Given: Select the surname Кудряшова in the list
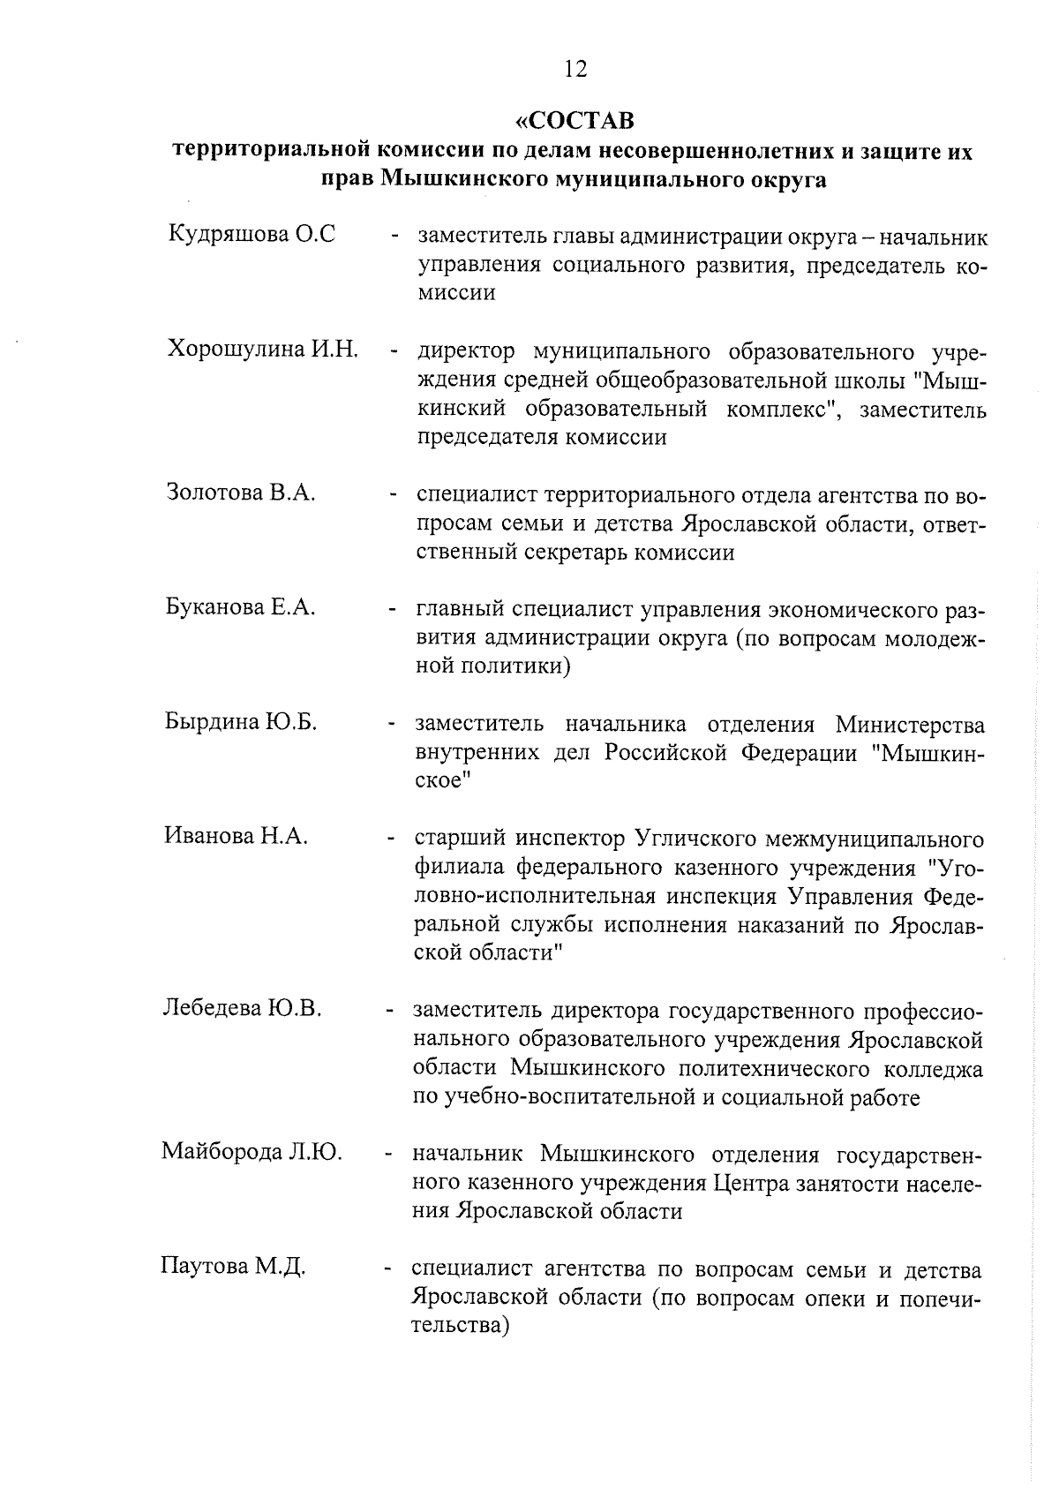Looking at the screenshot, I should pyautogui.click(x=228, y=236).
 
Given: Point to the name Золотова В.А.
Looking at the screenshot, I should pyautogui.click(x=241, y=492).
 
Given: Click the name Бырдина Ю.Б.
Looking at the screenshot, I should pyautogui.click(x=240, y=721).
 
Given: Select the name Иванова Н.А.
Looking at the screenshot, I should pyautogui.click(x=236, y=836).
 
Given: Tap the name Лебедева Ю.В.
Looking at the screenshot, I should pyautogui.click(x=243, y=1008).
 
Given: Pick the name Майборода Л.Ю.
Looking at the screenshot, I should pyautogui.click(x=252, y=1152).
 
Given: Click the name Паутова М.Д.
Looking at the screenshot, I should pyautogui.click(x=233, y=1268).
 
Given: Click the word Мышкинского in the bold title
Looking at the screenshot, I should pyautogui.click(x=463, y=180).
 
